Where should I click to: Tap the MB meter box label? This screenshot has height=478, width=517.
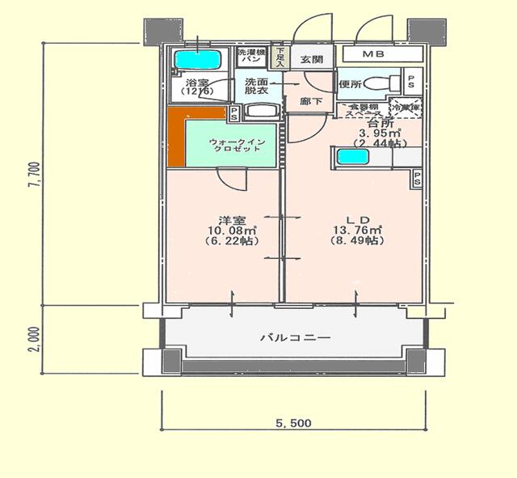pos(372,54)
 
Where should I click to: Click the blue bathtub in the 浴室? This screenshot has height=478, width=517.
pos(198,60)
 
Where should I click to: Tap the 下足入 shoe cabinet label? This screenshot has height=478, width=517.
pos(280,56)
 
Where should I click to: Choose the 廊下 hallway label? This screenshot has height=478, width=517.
pos(310,101)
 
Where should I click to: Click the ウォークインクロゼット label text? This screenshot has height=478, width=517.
pos(234,146)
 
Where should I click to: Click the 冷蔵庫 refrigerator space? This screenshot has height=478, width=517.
pos(406,106)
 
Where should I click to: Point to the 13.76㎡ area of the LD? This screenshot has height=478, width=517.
pos(358,230)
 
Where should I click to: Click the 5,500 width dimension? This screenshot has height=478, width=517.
pos(293,423)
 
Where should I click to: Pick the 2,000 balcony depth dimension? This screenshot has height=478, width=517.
pos(31,340)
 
